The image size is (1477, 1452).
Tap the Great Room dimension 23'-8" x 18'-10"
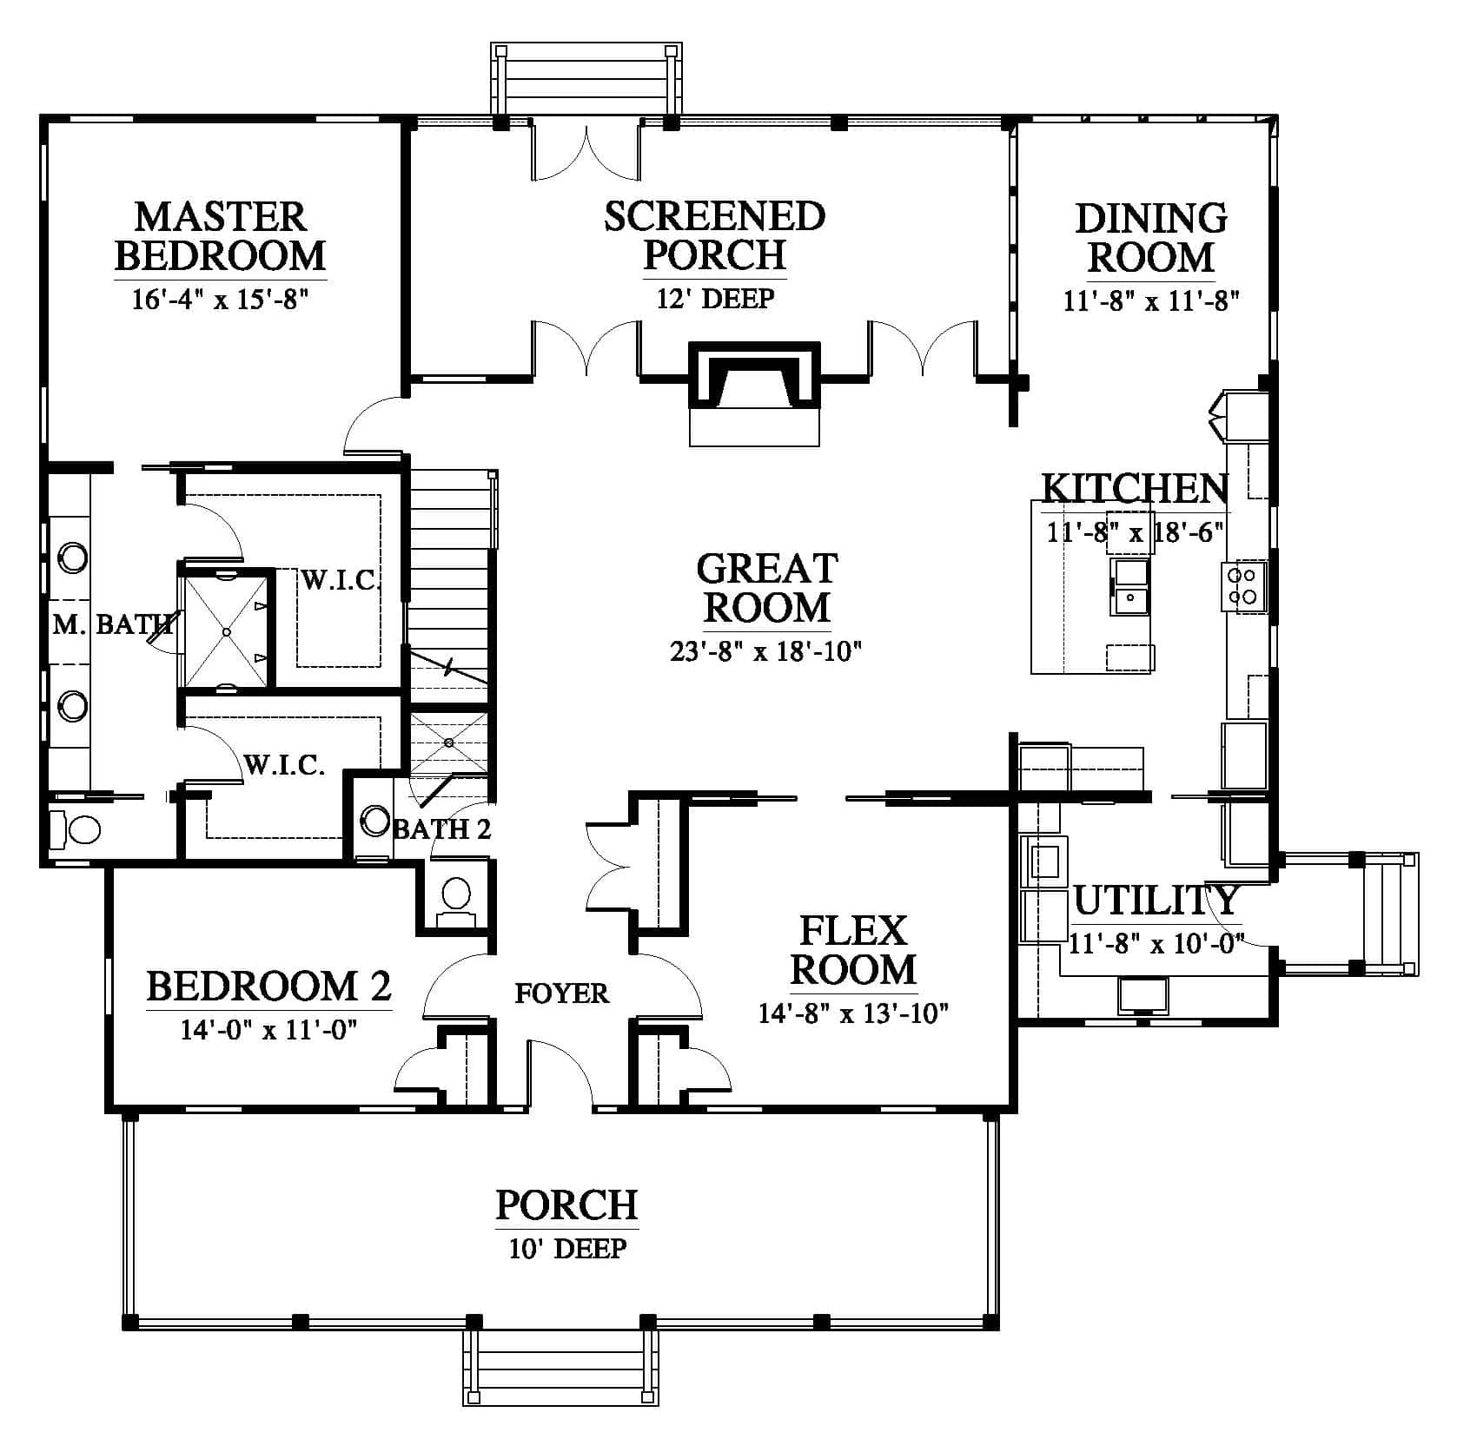[765, 650]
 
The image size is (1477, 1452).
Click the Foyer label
[562, 993]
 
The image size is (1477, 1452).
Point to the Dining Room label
[1151, 237]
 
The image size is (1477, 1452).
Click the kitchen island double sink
[1129, 587]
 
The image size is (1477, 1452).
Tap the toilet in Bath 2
[455, 894]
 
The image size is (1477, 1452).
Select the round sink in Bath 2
[375, 820]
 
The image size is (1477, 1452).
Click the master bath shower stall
[226, 630]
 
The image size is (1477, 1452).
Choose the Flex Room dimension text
[853, 1013]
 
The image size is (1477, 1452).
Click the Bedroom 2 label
[268, 987]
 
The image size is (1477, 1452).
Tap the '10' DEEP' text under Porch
[567, 1249]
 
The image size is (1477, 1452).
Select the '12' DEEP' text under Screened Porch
[715, 299]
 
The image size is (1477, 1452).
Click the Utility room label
[1156, 901]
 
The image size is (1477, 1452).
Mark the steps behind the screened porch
[586, 78]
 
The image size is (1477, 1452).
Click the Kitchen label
[1135, 489]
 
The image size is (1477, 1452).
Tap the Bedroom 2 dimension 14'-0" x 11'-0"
[268, 1030]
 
